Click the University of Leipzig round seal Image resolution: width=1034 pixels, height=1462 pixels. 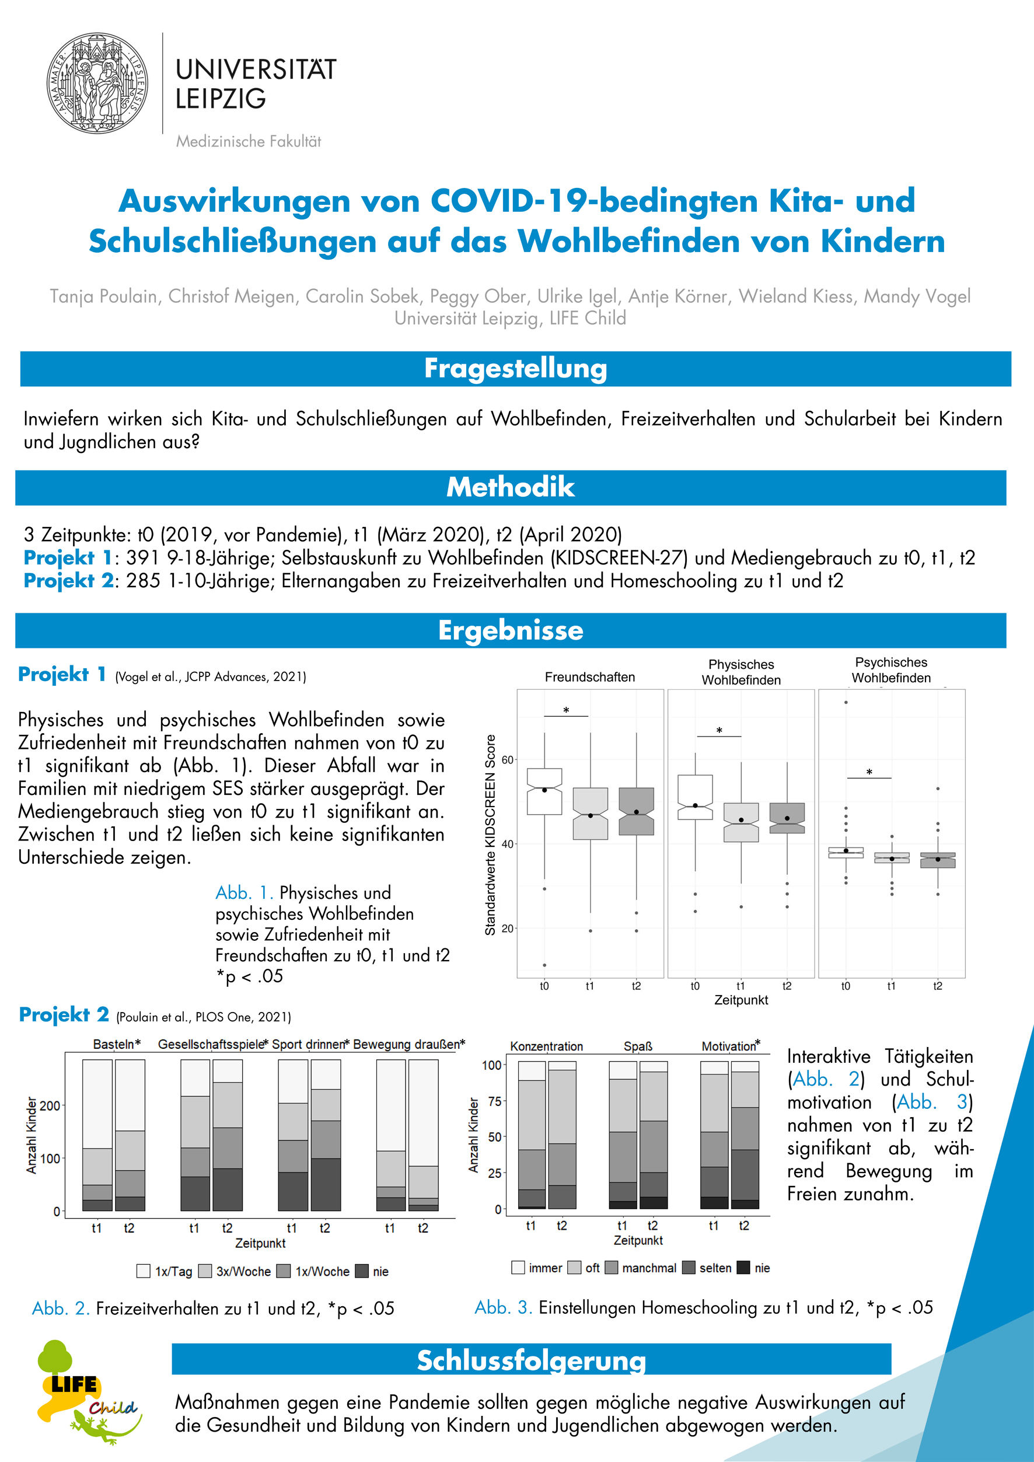point(97,83)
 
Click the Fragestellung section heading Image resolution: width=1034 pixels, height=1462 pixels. point(515,369)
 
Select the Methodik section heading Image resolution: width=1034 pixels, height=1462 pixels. point(510,487)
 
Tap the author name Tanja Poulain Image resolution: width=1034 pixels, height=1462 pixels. point(104,296)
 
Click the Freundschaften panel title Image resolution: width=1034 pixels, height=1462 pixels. point(589,677)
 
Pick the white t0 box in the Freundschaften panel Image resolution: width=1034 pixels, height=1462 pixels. point(544,791)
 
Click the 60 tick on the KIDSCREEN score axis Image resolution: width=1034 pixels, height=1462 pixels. point(508,760)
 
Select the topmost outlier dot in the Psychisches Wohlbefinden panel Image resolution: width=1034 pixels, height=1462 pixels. point(846,702)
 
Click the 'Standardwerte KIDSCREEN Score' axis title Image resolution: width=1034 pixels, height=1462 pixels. point(490,835)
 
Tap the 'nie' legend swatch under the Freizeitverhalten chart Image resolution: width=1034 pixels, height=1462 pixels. point(362,1271)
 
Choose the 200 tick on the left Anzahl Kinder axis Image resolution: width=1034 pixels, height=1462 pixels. point(50,1105)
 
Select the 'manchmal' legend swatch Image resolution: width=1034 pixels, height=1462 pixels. point(611,1267)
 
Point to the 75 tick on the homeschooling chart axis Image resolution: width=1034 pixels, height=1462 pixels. point(494,1101)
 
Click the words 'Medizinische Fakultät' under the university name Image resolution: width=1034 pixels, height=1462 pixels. point(249,141)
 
